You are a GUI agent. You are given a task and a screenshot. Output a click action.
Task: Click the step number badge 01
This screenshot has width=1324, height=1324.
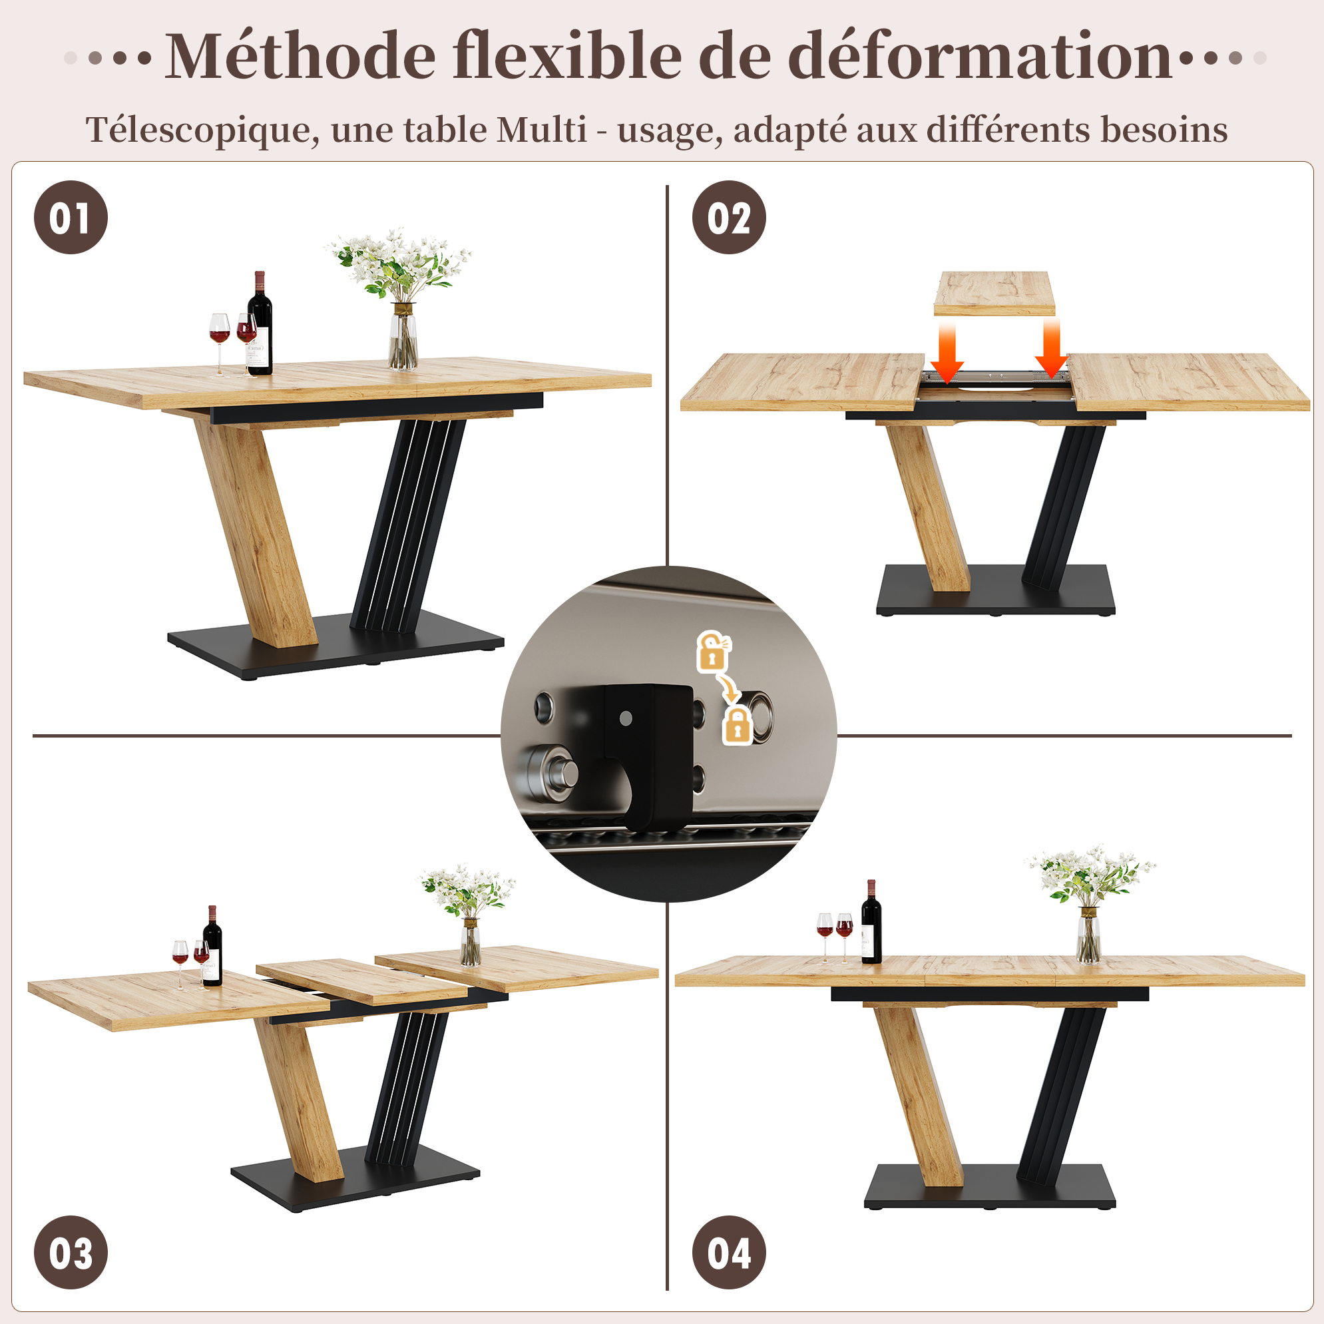click(71, 217)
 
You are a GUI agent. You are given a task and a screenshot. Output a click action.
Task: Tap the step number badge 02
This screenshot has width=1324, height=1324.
click(729, 217)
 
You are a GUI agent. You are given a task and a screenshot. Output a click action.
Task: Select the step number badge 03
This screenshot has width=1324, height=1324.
click(71, 1253)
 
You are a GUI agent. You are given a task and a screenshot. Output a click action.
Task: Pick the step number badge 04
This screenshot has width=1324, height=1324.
click(729, 1253)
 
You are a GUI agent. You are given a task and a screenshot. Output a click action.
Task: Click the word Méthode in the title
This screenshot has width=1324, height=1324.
click(300, 55)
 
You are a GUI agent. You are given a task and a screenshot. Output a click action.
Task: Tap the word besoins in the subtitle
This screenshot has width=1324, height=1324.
click(1164, 129)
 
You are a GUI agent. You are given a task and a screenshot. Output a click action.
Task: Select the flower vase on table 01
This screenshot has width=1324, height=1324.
click(403, 335)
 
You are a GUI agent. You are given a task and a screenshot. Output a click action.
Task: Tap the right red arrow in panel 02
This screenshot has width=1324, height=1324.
click(1050, 350)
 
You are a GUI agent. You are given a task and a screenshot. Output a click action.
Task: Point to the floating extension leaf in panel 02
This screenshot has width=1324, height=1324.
click(994, 294)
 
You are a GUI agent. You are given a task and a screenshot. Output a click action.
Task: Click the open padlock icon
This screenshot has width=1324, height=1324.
click(713, 651)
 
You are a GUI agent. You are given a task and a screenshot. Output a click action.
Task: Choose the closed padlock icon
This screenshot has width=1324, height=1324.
click(738, 726)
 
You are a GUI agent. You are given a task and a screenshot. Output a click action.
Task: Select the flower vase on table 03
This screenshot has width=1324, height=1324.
click(470, 943)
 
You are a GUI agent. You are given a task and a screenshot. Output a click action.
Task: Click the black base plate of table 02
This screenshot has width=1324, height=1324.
click(996, 589)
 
